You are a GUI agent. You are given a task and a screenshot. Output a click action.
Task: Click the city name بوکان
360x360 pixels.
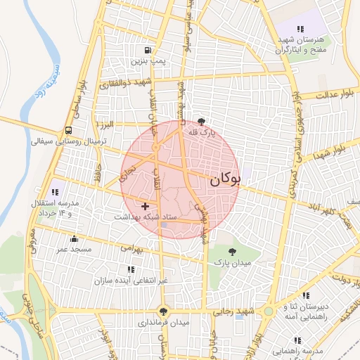click(225, 180)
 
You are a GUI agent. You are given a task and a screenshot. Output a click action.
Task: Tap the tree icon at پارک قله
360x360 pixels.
click(203, 122)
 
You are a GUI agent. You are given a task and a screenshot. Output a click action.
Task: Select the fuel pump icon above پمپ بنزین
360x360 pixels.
click(147, 50)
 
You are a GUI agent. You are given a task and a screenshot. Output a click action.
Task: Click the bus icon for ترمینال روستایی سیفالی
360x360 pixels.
click(68, 130)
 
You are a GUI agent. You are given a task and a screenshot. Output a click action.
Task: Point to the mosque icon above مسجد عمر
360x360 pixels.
click(74, 238)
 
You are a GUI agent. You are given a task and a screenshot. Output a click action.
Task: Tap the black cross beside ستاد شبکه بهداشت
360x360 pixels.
click(145, 206)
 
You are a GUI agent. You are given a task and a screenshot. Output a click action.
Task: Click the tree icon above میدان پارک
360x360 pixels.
click(233, 250)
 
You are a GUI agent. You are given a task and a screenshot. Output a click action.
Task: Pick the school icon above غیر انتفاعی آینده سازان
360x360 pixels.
click(130, 269)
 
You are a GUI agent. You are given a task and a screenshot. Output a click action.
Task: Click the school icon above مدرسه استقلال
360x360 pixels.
click(55, 191)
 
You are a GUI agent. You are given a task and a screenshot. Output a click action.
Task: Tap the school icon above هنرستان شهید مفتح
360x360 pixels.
click(300, 29)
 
